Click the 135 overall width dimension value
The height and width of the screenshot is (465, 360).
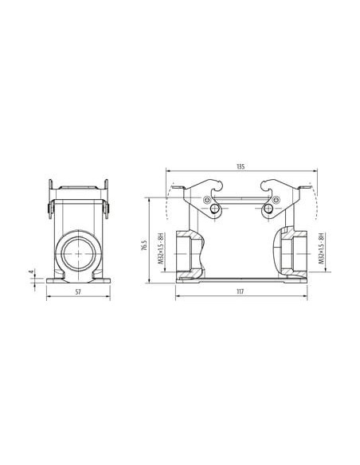(x=241, y=166)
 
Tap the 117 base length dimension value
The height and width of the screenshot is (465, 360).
(x=240, y=291)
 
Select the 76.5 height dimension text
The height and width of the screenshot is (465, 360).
(x=144, y=245)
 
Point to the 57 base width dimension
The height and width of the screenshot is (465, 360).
(x=78, y=291)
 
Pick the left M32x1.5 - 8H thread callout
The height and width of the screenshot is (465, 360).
(x=161, y=248)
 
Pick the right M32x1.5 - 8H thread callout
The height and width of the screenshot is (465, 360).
(x=320, y=248)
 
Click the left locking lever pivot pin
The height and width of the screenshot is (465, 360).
(x=213, y=209)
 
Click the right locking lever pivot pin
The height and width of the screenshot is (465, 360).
(x=268, y=209)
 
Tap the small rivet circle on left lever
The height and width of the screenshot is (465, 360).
(x=206, y=200)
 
